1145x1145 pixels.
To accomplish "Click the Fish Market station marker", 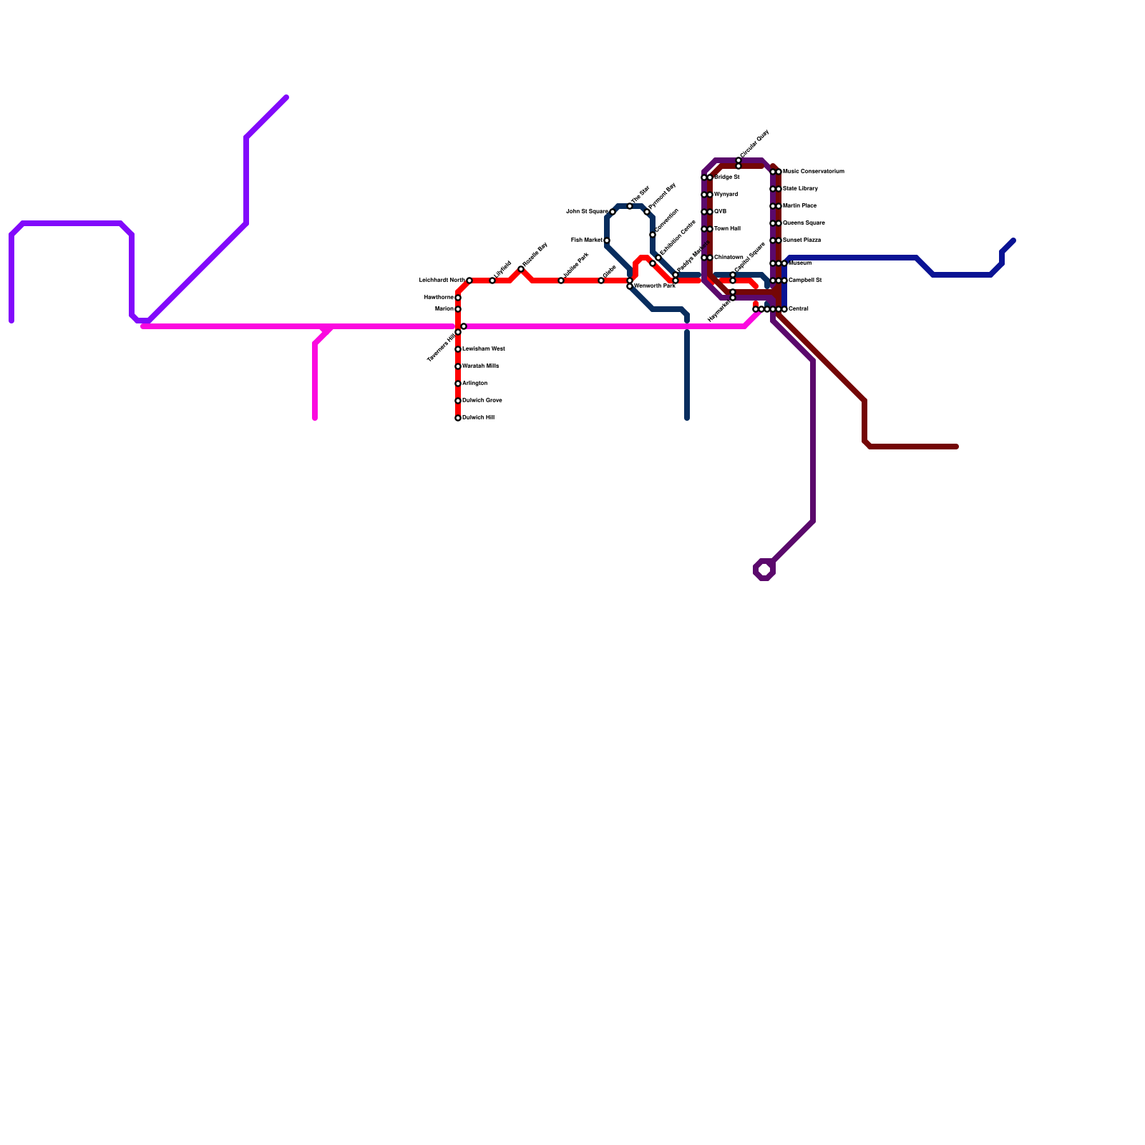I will pos(607,240).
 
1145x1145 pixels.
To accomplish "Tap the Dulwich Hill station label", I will pos(478,418).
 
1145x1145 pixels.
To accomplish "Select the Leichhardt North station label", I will pos(442,281).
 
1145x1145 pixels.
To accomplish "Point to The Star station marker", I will pos(630,206).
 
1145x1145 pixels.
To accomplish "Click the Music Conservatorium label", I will pos(813,172).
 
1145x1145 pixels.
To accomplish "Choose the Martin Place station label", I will pos(799,206).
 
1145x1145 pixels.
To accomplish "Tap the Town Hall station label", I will pos(727,229).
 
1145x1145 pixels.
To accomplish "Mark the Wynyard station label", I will pos(726,195).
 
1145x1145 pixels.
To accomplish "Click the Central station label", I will pos(798,309).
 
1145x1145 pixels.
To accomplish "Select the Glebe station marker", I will pos(601,281).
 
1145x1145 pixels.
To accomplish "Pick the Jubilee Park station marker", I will pos(561,281).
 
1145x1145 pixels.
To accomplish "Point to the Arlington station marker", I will pos(458,384).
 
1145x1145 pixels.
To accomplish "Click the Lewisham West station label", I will pos(483,349).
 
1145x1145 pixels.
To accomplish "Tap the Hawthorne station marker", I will pos(458,298).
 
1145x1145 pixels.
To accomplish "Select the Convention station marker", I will pos(653,235).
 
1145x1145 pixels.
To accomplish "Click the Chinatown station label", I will pos(729,258).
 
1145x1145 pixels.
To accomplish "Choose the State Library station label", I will pos(800,189).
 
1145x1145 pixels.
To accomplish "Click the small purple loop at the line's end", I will pos(764,570).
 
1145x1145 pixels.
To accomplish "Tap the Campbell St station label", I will pos(804,281).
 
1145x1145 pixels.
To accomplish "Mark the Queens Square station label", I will pos(804,223).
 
